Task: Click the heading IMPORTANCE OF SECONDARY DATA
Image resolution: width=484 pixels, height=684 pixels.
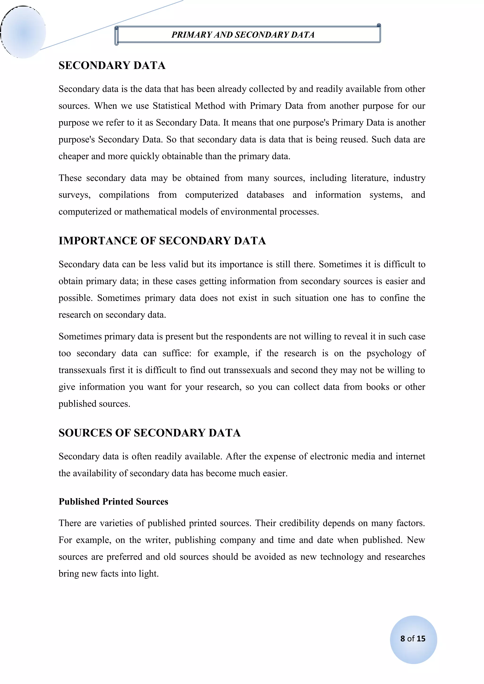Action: point(162,241)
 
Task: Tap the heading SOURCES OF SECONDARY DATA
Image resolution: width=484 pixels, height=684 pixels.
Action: point(149,433)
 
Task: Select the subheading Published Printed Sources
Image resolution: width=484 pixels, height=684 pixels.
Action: point(113,501)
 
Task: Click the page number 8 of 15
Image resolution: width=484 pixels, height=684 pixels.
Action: point(413,638)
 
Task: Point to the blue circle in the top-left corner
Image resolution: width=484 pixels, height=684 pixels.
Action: point(23,32)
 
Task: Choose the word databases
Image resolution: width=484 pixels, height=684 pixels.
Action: point(265,195)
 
